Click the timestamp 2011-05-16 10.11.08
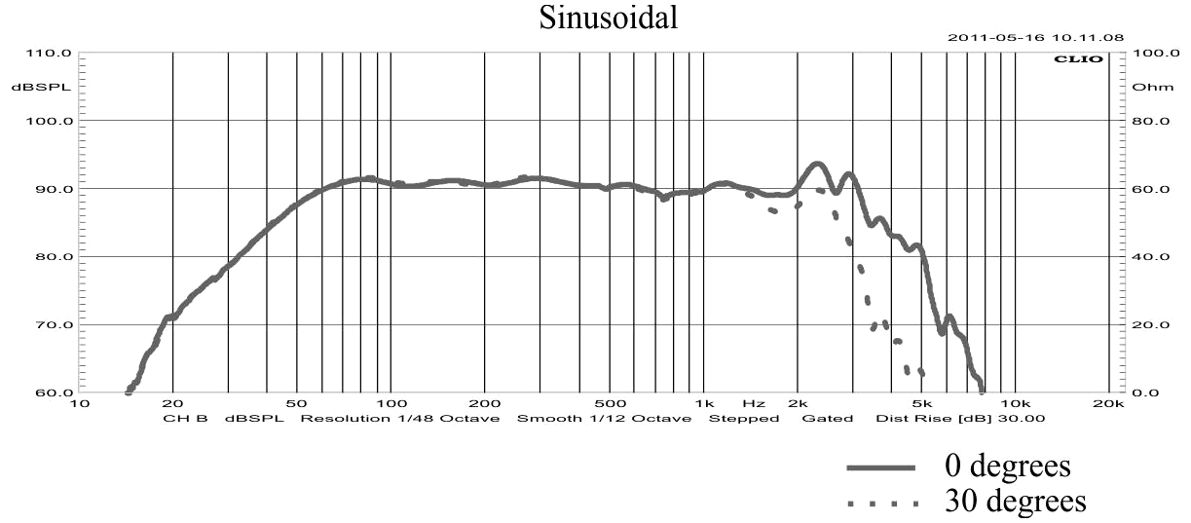(x=1036, y=38)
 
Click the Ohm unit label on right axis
(x=1146, y=87)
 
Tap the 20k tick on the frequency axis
(x=1108, y=402)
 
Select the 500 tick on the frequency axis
(x=610, y=402)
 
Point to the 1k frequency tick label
(x=704, y=402)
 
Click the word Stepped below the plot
(x=743, y=419)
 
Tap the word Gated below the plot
(x=827, y=419)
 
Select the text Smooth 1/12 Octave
(x=604, y=419)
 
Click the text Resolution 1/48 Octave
(x=399, y=419)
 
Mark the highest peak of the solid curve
(x=817, y=164)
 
